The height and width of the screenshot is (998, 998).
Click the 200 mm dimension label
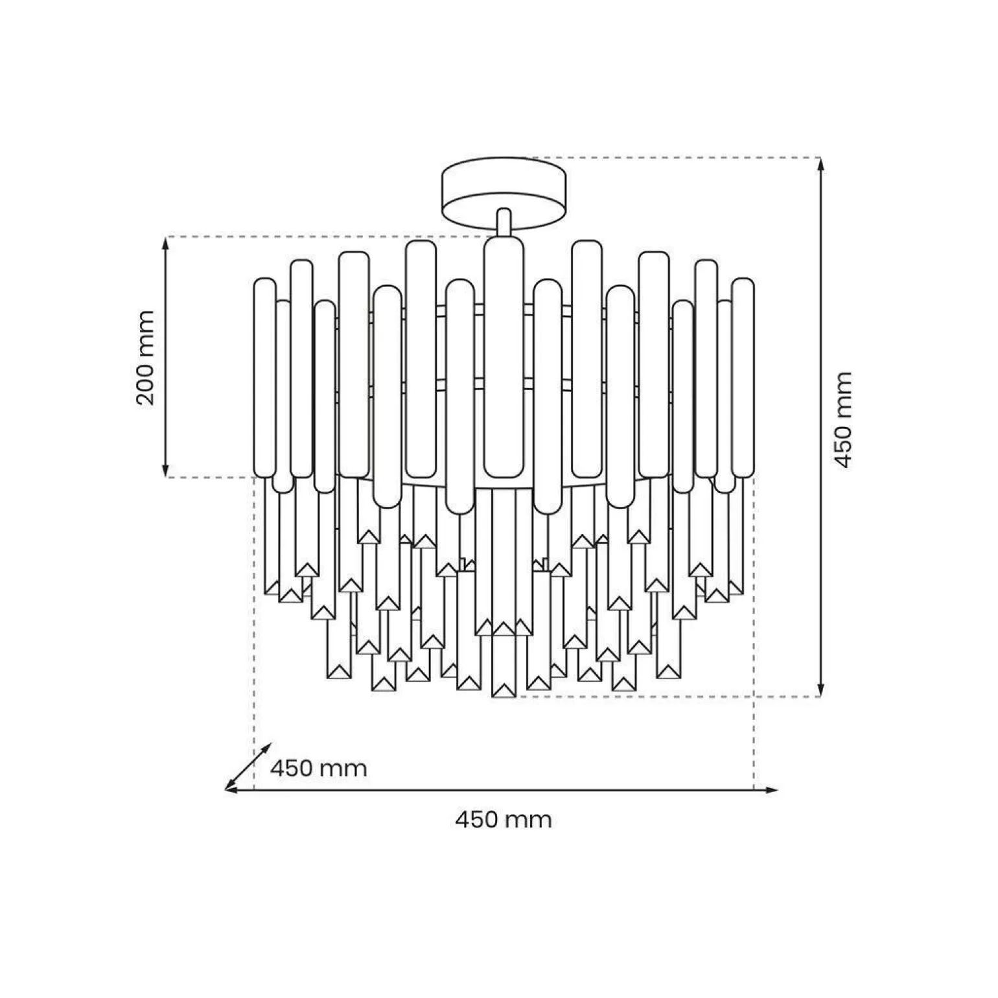146,358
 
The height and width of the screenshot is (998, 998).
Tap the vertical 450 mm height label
842,419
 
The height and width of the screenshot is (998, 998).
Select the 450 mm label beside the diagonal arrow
318,769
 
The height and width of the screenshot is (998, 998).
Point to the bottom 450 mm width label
504,820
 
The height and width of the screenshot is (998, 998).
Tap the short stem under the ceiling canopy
504,222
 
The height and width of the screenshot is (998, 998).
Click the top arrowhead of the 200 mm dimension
167,242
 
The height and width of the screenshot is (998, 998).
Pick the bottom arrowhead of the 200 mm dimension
167,471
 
